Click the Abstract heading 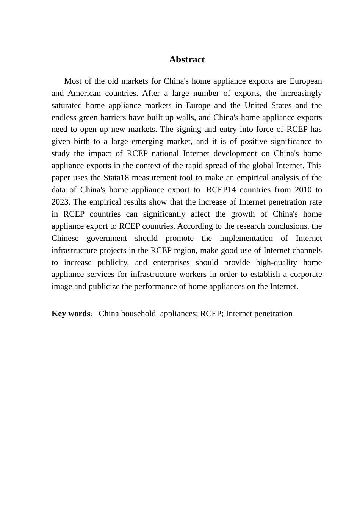(x=186, y=59)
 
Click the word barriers (x=116, y=117)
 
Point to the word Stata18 (x=116, y=178)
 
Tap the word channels (x=307, y=250)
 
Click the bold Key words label (x=70, y=314)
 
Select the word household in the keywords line (x=138, y=314)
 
